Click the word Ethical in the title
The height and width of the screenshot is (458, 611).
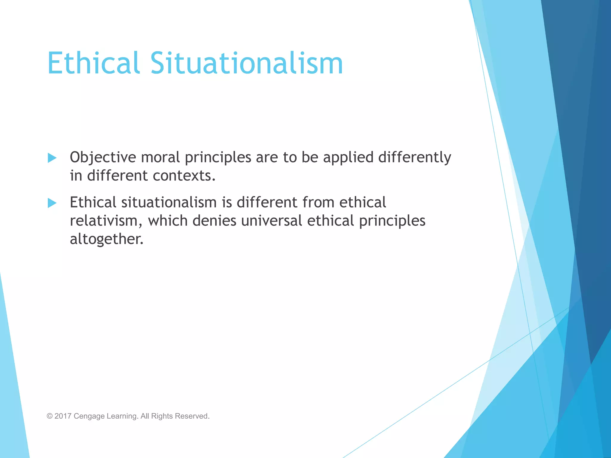[x=93, y=63]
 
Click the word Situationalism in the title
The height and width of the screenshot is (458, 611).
[x=246, y=63]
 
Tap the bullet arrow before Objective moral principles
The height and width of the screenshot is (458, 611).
[x=52, y=158]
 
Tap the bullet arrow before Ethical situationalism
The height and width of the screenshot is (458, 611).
[x=52, y=203]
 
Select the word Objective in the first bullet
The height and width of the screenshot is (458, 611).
[x=103, y=157]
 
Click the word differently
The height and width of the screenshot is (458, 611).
[x=415, y=157]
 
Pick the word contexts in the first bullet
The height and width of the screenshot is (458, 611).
[x=184, y=176]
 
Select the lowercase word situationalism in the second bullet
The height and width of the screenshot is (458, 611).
[x=169, y=202]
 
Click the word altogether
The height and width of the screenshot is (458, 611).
[x=107, y=239]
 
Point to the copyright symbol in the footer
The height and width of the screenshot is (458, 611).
[x=50, y=416]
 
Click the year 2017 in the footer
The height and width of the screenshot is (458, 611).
[x=63, y=416]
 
